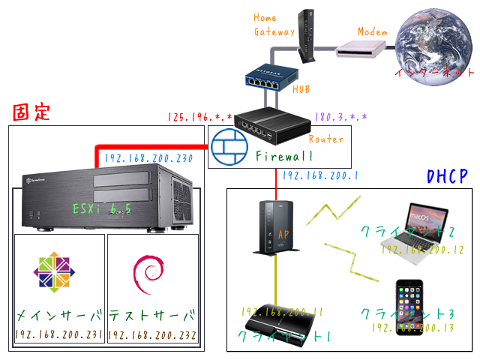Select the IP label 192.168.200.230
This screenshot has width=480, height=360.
coord(149,158)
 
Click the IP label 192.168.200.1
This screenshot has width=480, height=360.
coord(319,176)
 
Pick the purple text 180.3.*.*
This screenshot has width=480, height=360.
coord(341,118)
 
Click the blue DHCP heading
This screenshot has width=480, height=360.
coord(447,177)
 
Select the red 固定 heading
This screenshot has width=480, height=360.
coord(31,112)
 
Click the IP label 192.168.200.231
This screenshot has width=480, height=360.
coord(59,335)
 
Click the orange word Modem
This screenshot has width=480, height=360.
coord(372,31)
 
